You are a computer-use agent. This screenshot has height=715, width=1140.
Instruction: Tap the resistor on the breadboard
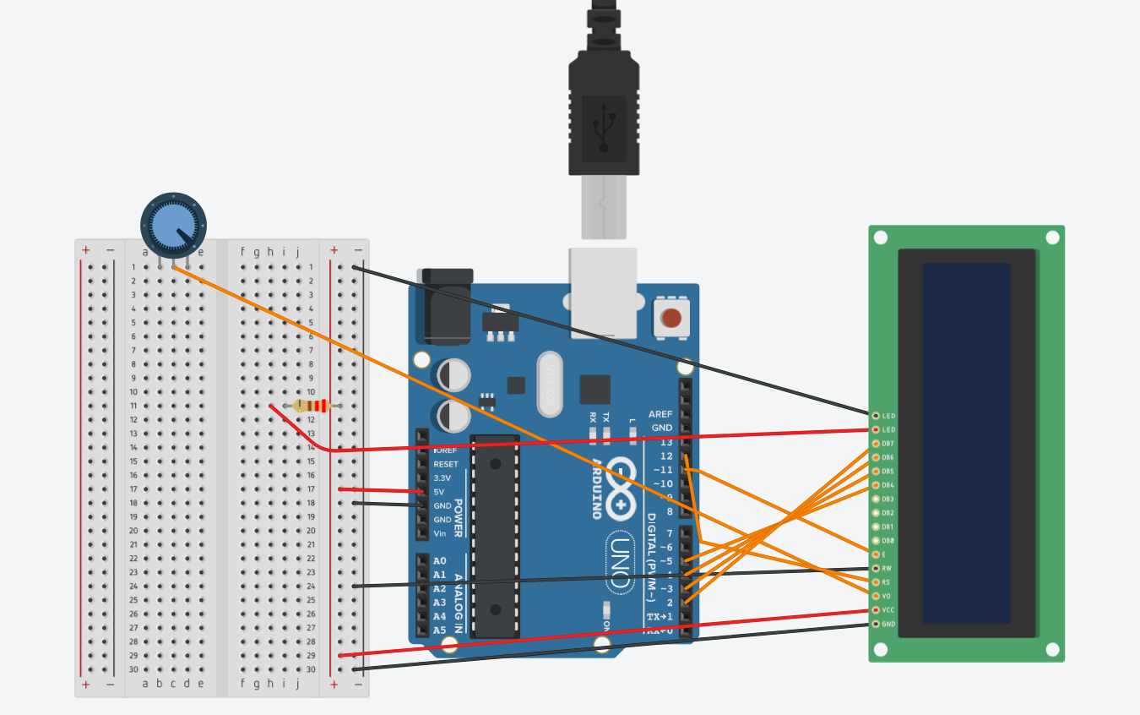coord(312,406)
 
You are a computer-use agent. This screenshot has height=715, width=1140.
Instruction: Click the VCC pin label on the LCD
coord(888,610)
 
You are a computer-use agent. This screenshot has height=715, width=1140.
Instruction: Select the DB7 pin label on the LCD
coord(888,444)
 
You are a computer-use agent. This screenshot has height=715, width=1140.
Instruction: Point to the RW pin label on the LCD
coord(887,569)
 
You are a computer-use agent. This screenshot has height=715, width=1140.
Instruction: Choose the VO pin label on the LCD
coord(886,597)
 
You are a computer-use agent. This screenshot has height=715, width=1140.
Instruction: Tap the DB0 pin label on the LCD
coord(888,541)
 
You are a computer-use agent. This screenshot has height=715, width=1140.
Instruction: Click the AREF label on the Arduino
coord(660,414)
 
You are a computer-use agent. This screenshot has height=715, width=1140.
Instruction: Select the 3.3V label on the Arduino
coord(442,478)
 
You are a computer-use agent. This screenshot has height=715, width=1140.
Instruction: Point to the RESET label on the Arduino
coord(446,464)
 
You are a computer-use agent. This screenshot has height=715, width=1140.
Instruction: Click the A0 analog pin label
coord(439,561)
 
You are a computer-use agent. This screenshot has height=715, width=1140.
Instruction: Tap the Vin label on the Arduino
coord(440,533)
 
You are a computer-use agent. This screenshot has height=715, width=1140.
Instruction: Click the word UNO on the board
coord(618,563)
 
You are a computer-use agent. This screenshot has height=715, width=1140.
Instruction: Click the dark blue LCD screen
coord(966,443)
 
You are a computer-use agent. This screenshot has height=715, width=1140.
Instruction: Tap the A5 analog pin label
coord(439,630)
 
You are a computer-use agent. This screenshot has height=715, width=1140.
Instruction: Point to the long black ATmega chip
coord(494,536)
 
